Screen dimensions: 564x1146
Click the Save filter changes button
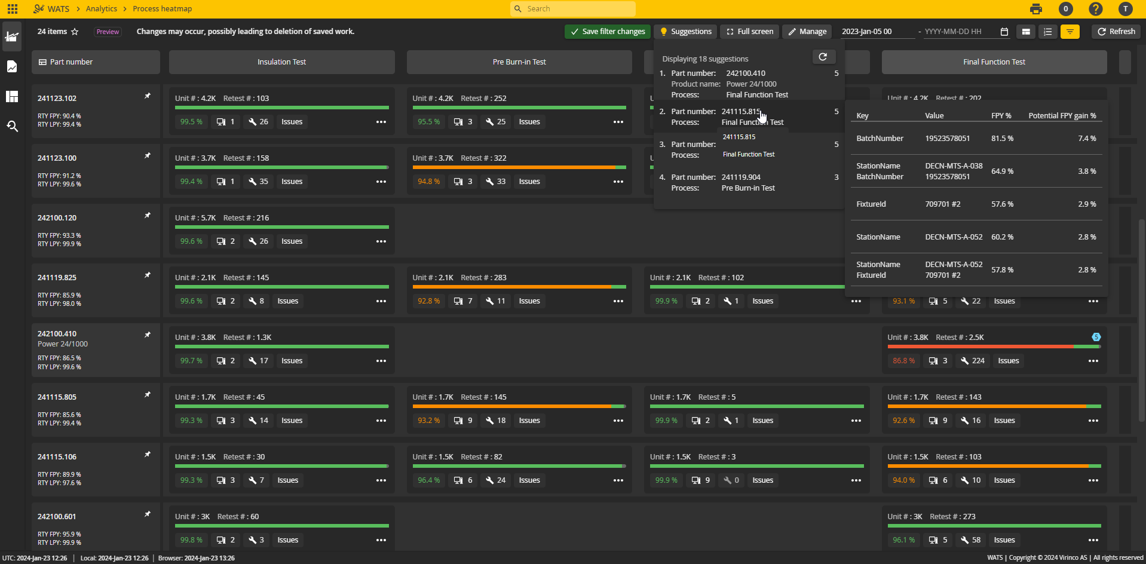tap(608, 32)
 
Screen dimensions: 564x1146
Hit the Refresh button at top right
tap(1116, 32)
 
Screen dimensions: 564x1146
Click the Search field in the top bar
tap(574, 9)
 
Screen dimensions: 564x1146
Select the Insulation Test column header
tap(281, 62)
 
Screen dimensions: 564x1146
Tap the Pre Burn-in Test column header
tap(519, 62)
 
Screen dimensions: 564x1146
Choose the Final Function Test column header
tap(994, 62)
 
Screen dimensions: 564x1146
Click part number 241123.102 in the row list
tap(57, 99)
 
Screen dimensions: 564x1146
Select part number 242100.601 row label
tap(57, 517)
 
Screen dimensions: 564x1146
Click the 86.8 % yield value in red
tap(903, 361)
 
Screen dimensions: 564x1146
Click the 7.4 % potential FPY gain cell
tap(1087, 139)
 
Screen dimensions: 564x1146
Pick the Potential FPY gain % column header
tap(1062, 116)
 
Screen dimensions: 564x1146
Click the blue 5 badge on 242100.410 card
tap(1096, 337)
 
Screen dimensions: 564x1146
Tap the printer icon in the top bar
tap(1036, 9)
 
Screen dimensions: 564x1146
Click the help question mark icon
tap(1095, 9)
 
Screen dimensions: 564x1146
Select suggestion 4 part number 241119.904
tap(741, 177)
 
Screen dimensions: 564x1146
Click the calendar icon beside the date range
tap(1004, 32)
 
